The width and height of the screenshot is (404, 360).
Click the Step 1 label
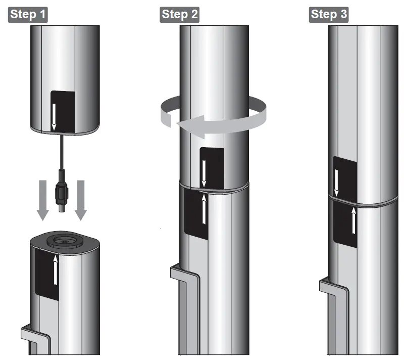[x=28, y=15]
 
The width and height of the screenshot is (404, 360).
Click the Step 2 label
[x=180, y=15]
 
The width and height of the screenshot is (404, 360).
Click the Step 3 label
[x=329, y=15]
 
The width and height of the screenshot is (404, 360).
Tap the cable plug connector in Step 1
[x=62, y=191]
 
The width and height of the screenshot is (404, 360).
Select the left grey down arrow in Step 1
[x=42, y=200]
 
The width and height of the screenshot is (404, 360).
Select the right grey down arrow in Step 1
[x=81, y=200]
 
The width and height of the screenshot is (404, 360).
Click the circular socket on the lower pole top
[x=65, y=241]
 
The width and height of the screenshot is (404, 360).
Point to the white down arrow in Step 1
[x=54, y=117]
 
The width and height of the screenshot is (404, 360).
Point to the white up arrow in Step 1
[x=56, y=269]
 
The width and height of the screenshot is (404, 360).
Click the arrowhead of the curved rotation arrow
[x=191, y=126]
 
